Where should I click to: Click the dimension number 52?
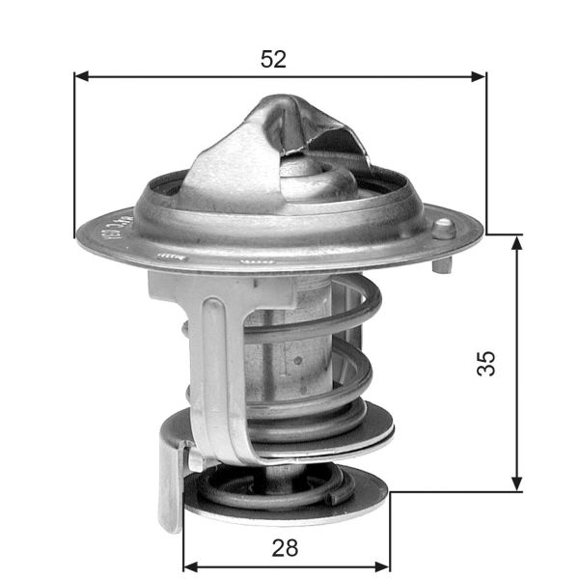pos(274,59)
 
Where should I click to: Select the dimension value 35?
pos(486,363)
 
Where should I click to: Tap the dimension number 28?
pos(285,548)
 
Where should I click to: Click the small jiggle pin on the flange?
pos(443,229)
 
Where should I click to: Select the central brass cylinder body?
pos(289,347)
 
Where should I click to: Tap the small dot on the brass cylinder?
pos(298,362)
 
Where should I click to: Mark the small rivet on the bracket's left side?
pos(183,329)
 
